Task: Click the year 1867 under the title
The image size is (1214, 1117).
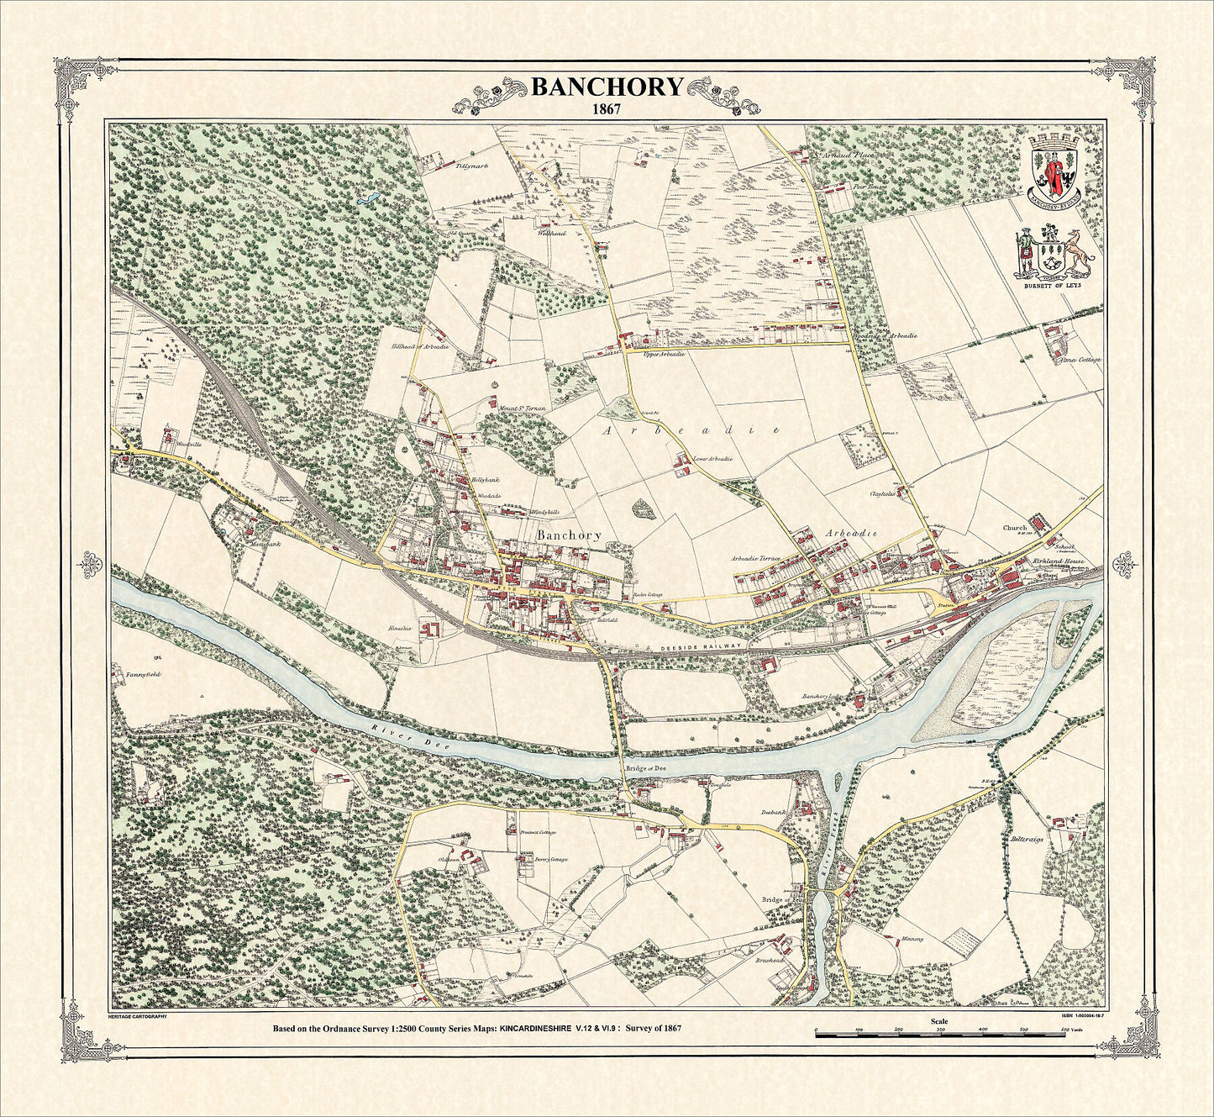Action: [x=605, y=108]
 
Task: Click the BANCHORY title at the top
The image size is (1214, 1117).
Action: [x=605, y=87]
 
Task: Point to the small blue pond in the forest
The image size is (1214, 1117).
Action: [x=366, y=202]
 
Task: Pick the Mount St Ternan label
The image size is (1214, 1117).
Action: [x=523, y=408]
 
